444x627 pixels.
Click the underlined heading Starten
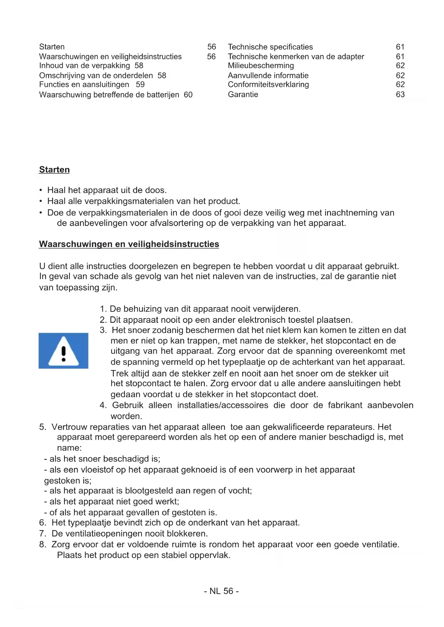coord(54,170)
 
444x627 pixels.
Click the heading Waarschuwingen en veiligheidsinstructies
coord(129,244)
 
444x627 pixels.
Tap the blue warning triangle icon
coord(63,351)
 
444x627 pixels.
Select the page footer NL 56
coord(221,591)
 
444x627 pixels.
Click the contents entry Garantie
coord(243,95)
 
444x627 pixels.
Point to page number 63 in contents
coord(400,95)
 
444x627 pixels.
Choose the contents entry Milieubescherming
coord(261,66)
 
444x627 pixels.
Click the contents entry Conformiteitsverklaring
coord(268,85)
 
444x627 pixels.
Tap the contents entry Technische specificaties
coord(270,47)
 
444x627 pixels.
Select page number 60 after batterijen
coord(188,95)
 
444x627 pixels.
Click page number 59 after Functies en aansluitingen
coord(140,85)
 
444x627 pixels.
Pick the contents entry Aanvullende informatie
coord(268,76)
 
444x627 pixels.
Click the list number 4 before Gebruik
coord(103,405)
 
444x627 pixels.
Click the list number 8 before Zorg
coord(43,545)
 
